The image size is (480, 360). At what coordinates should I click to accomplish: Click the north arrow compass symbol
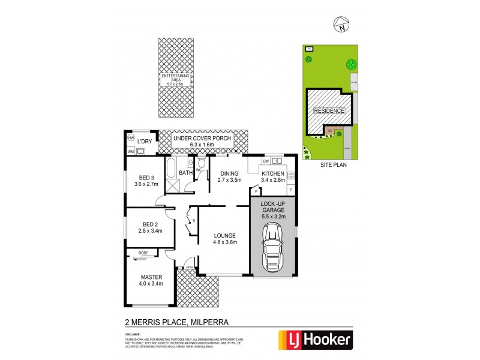[341, 25]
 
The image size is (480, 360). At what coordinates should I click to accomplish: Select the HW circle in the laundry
[131, 138]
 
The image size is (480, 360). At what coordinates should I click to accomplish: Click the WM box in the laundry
[131, 152]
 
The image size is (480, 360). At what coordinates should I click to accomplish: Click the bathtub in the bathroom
[170, 168]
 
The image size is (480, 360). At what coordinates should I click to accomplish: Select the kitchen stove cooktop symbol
[292, 176]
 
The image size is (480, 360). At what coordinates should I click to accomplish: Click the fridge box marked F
[291, 190]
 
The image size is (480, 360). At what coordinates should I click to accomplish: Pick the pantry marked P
[256, 191]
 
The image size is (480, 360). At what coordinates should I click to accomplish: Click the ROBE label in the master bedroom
[144, 254]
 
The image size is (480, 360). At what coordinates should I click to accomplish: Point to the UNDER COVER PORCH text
[202, 138]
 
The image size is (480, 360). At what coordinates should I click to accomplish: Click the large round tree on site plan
[350, 64]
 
